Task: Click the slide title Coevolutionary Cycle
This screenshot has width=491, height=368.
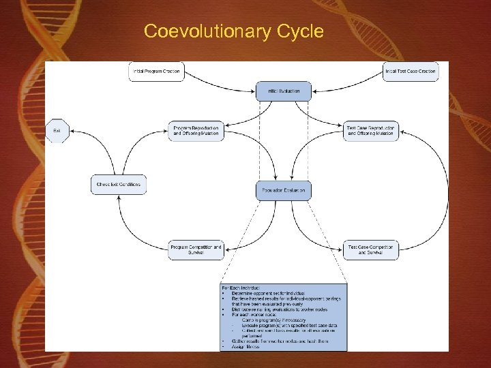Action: pos(233,31)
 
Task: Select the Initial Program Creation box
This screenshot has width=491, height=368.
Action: pos(157,71)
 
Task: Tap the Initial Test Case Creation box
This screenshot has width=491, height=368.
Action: pos(411,71)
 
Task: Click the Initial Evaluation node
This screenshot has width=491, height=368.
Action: pos(283,91)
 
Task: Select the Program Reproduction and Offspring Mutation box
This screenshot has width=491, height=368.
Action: pos(196,130)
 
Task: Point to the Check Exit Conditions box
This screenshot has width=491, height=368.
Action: pos(119,184)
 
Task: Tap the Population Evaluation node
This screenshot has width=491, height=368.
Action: pos(283,190)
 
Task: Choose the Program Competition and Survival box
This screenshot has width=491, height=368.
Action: pos(196,249)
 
